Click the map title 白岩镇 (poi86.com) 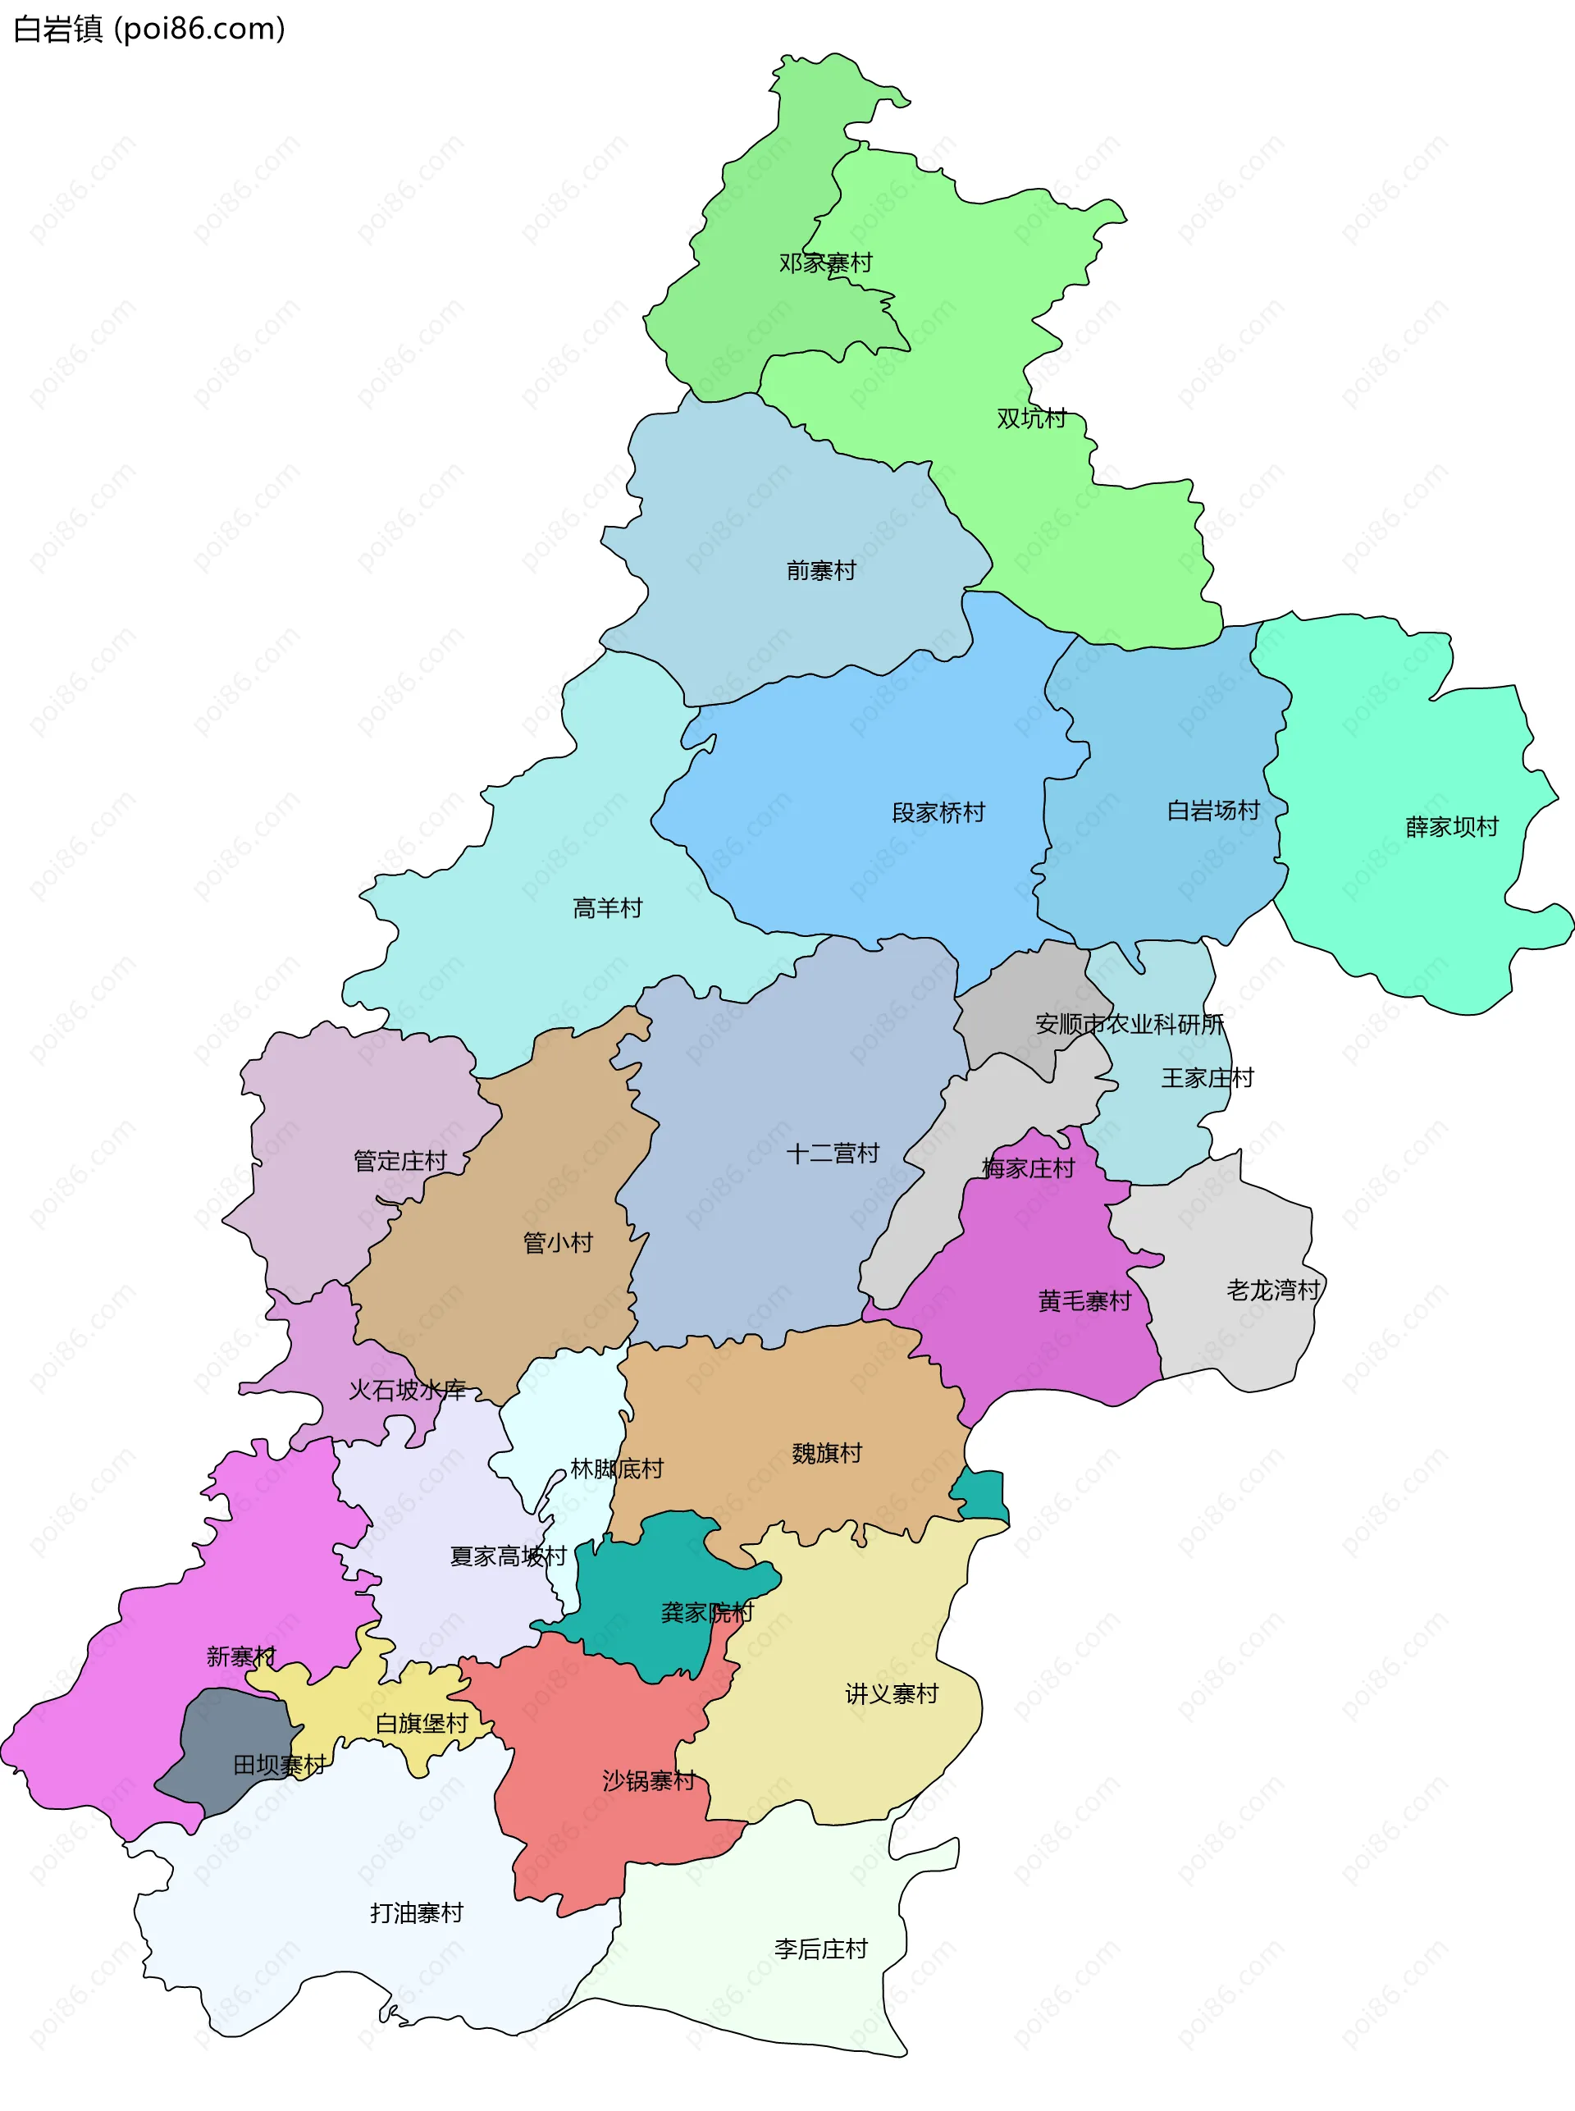pyautogui.click(x=148, y=30)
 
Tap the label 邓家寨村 pyautogui.click(x=825, y=263)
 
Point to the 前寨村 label pyautogui.click(x=821, y=571)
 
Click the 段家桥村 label pyautogui.click(x=938, y=813)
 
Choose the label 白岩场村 pyautogui.click(x=1214, y=811)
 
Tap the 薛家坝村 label pyautogui.click(x=1452, y=828)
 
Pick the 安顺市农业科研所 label pyautogui.click(x=1130, y=1025)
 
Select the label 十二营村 pyautogui.click(x=833, y=1154)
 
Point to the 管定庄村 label pyautogui.click(x=400, y=1161)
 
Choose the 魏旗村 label pyautogui.click(x=827, y=1453)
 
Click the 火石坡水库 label pyautogui.click(x=407, y=1390)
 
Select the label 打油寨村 pyautogui.click(x=417, y=1913)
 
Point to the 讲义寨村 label pyautogui.click(x=892, y=1694)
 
